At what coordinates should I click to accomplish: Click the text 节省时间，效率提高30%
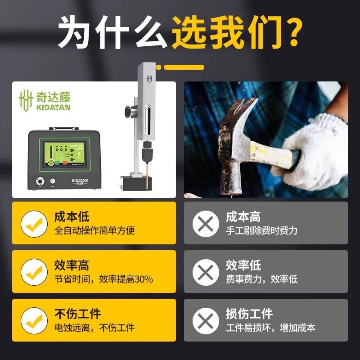tap(103, 279)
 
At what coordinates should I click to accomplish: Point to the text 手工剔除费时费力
tap(261, 230)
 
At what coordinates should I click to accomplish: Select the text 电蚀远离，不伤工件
tap(94, 328)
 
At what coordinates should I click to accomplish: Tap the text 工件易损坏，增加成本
tap(270, 328)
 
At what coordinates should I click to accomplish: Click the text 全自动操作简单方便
tap(94, 230)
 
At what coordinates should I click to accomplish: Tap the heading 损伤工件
tap(249, 314)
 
